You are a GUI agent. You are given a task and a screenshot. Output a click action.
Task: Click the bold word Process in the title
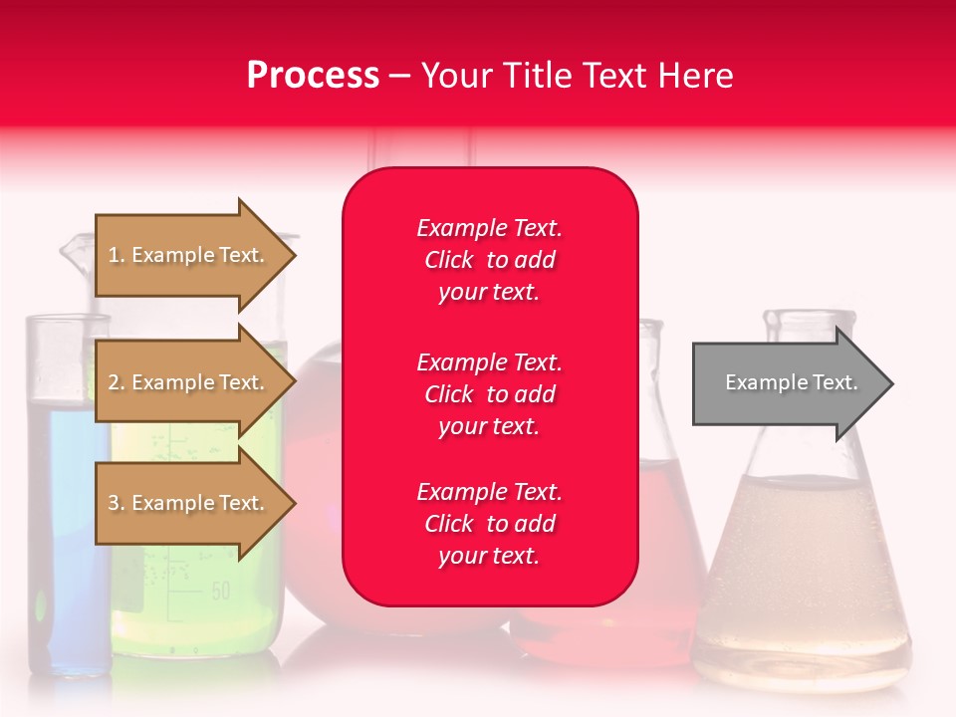pyautogui.click(x=313, y=76)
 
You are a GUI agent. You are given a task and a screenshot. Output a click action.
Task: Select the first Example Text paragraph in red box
pyautogui.click(x=489, y=260)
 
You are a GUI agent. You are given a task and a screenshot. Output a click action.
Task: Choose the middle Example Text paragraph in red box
pyautogui.click(x=489, y=394)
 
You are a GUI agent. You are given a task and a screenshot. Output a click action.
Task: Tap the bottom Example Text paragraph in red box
pyautogui.click(x=489, y=524)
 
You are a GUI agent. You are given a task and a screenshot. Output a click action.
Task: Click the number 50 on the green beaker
pyautogui.click(x=220, y=591)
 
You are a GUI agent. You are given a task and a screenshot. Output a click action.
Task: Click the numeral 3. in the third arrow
pyautogui.click(x=116, y=503)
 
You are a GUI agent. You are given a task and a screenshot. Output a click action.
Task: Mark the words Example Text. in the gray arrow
pyautogui.click(x=791, y=382)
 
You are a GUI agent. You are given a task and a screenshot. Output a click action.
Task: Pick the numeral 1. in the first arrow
pyautogui.click(x=116, y=255)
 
